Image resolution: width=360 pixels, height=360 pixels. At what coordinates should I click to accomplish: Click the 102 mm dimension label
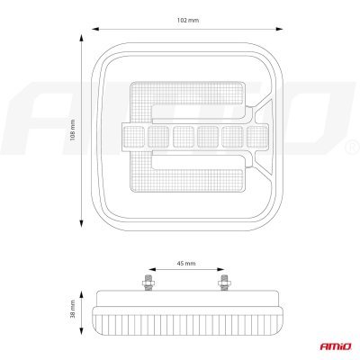coord(188,21)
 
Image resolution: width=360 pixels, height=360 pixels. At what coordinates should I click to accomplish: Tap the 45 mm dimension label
coord(186,264)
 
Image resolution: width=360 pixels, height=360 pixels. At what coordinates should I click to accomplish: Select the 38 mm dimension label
coord(72,309)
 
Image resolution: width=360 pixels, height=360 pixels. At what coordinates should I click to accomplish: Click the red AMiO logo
coord(335,346)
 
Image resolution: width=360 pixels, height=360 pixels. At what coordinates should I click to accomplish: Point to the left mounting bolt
coord(148,283)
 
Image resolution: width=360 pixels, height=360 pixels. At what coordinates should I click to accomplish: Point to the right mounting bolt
coord(223,283)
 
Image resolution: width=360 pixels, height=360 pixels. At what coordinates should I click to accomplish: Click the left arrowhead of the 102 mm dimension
coord(95,29)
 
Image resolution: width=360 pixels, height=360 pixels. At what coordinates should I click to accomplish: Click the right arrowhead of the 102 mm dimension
coord(279,29)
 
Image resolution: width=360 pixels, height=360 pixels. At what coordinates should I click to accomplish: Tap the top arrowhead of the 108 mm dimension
coord(81,38)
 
